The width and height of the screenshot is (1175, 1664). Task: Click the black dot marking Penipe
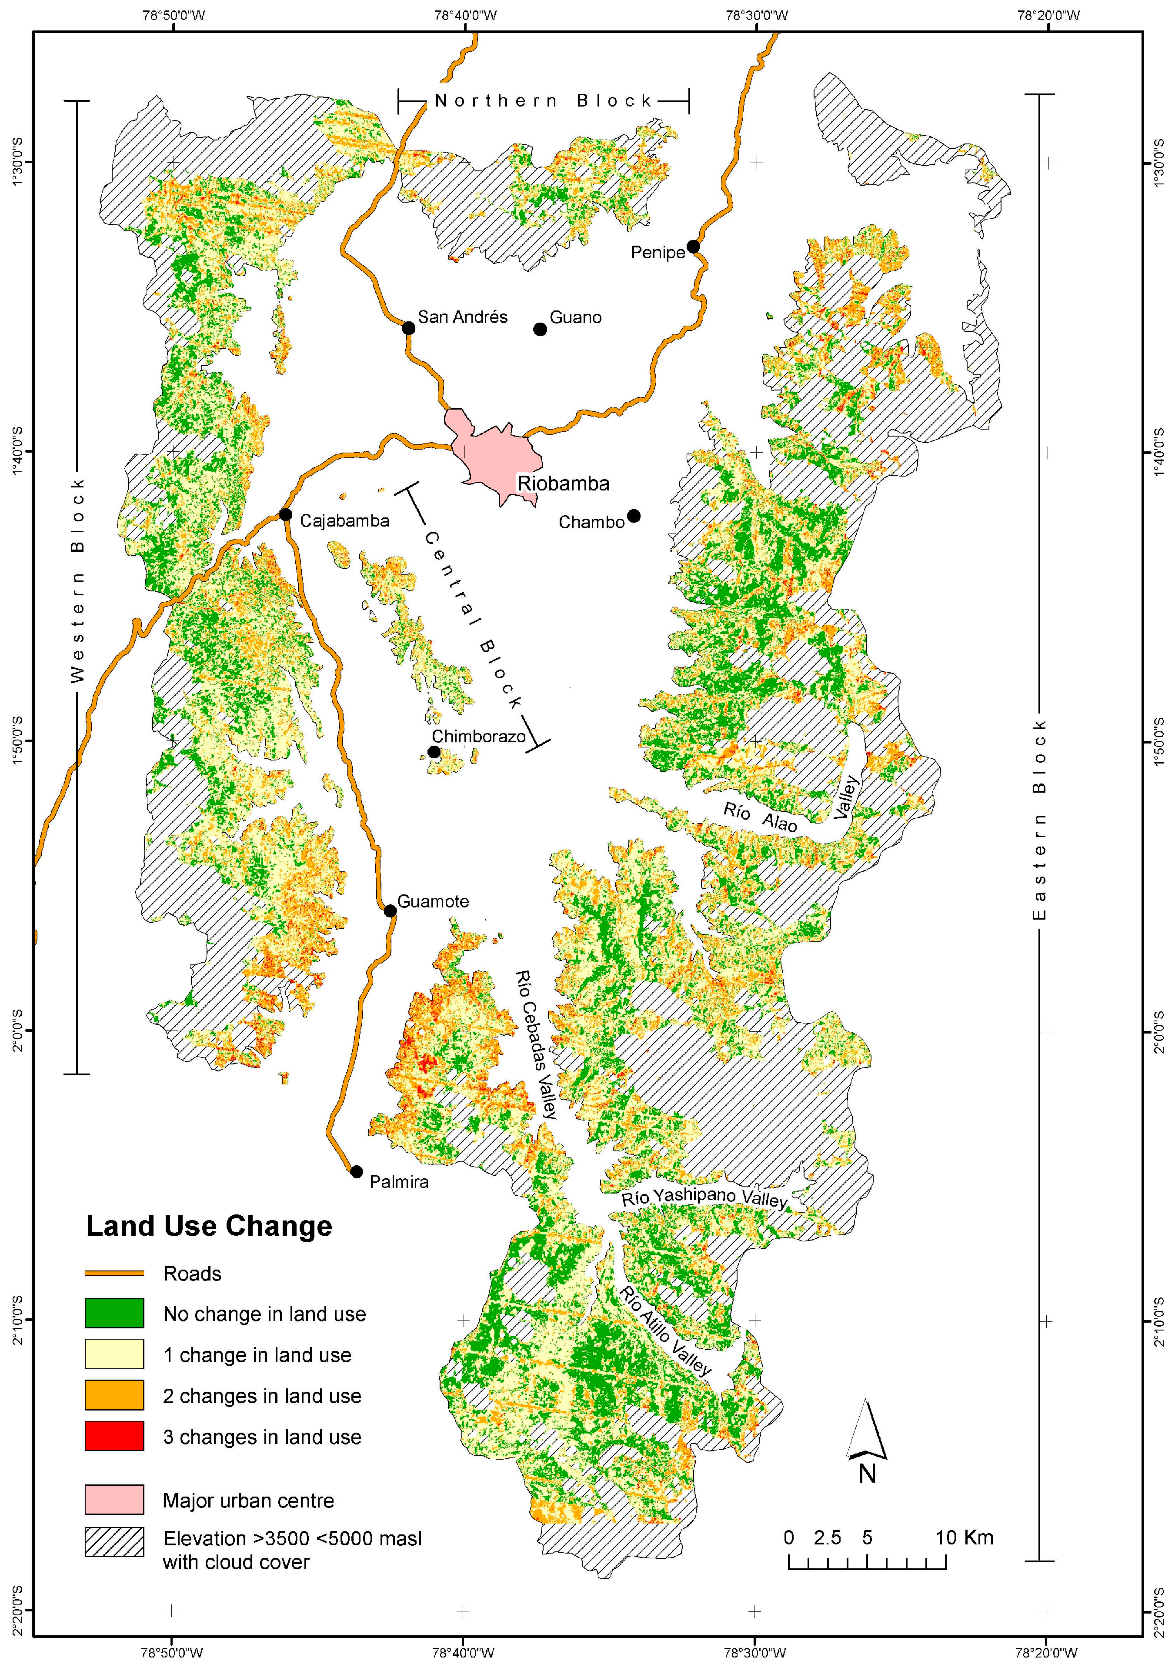(693, 247)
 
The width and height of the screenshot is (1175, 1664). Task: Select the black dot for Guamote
(390, 911)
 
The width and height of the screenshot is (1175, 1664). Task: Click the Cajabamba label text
(344, 520)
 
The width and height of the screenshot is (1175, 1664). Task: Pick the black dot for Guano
(540, 330)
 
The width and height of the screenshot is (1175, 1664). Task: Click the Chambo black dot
(634, 516)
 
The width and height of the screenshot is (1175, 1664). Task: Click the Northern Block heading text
(544, 101)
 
